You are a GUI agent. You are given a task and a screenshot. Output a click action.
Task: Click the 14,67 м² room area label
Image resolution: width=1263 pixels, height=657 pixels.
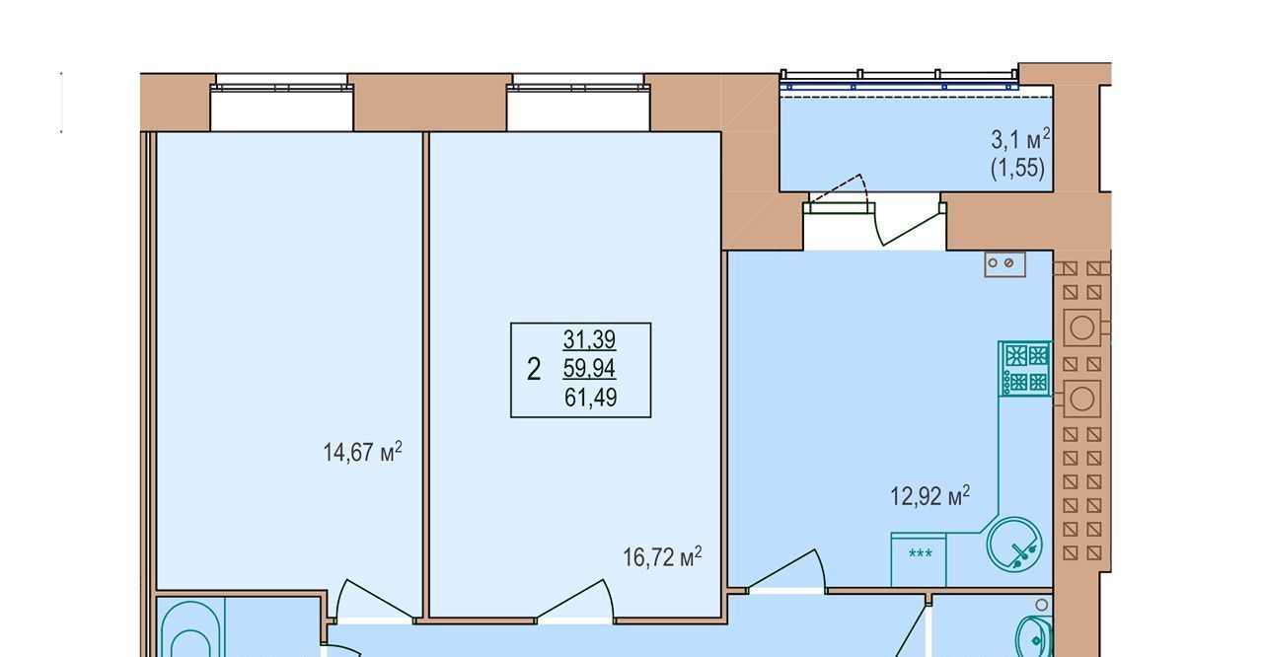pyautogui.click(x=362, y=452)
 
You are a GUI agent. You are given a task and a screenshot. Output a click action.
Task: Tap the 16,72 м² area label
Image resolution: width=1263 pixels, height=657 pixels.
pyautogui.click(x=662, y=556)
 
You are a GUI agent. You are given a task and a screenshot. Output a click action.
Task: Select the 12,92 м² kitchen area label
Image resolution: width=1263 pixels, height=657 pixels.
pyautogui.click(x=929, y=496)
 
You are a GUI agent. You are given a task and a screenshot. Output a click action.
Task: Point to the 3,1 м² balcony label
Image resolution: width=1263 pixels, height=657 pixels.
pyautogui.click(x=1020, y=139)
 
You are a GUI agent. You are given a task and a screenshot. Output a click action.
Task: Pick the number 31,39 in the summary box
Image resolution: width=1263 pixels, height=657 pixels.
pyautogui.click(x=589, y=339)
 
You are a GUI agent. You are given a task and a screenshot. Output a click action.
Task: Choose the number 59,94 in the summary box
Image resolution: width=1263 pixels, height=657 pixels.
pyautogui.click(x=589, y=369)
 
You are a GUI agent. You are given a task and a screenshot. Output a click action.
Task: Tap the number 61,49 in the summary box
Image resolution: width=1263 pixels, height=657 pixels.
pyautogui.click(x=590, y=398)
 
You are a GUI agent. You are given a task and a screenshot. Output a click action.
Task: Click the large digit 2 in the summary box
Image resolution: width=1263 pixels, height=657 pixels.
pyautogui.click(x=534, y=370)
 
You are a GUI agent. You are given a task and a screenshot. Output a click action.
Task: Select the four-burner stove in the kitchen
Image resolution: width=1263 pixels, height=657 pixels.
pyautogui.click(x=1025, y=369)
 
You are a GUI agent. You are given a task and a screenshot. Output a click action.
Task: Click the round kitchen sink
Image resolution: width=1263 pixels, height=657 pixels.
pyautogui.click(x=1014, y=545)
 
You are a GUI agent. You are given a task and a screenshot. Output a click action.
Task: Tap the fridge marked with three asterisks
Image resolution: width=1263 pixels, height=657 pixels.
pyautogui.click(x=919, y=560)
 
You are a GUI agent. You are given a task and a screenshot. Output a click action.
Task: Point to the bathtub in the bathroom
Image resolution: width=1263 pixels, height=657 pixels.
pyautogui.click(x=190, y=628)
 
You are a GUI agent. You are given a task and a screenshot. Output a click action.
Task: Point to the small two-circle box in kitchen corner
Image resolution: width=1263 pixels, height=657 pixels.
pyautogui.click(x=1004, y=263)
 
